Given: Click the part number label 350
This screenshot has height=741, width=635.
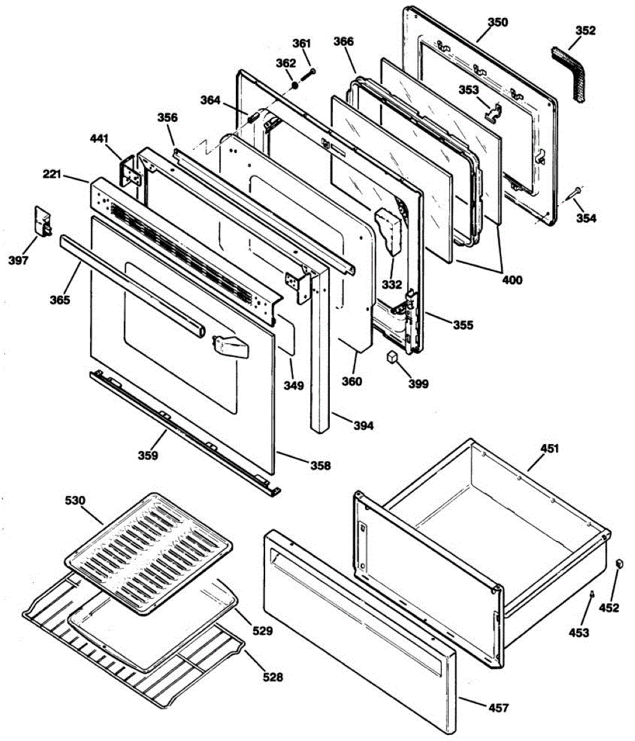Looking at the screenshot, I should (498, 22).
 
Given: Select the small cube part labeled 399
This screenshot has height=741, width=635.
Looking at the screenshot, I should (392, 357).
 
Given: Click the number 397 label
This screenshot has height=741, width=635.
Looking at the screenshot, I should (19, 261).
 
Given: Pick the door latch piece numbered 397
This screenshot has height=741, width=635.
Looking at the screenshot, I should (42, 221).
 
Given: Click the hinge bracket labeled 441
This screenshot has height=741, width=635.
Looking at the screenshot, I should (132, 172).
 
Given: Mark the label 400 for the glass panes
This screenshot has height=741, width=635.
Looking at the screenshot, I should (511, 280).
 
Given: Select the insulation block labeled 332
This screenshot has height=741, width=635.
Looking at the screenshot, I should (390, 233).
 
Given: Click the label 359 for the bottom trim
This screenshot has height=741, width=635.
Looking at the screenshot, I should (148, 456).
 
